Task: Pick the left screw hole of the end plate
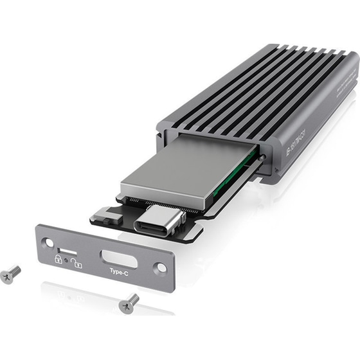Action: click(x=47, y=242)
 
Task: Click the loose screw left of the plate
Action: click(x=10, y=274)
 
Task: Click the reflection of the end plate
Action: click(x=103, y=296)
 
